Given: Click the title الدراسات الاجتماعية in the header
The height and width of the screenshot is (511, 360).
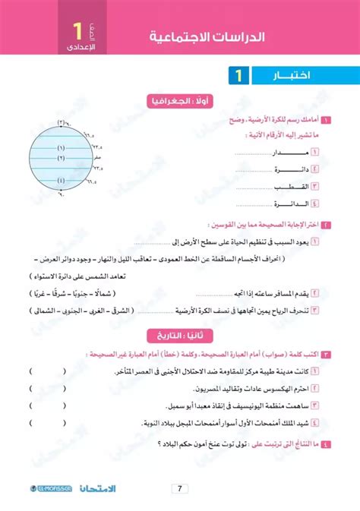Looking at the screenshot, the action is point(205,37).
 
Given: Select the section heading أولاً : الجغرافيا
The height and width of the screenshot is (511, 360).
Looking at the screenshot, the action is point(180,100).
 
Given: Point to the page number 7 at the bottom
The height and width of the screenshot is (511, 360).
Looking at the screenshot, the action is point(180,489).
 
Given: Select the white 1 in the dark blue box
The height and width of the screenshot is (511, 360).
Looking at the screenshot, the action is point(238,75).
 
